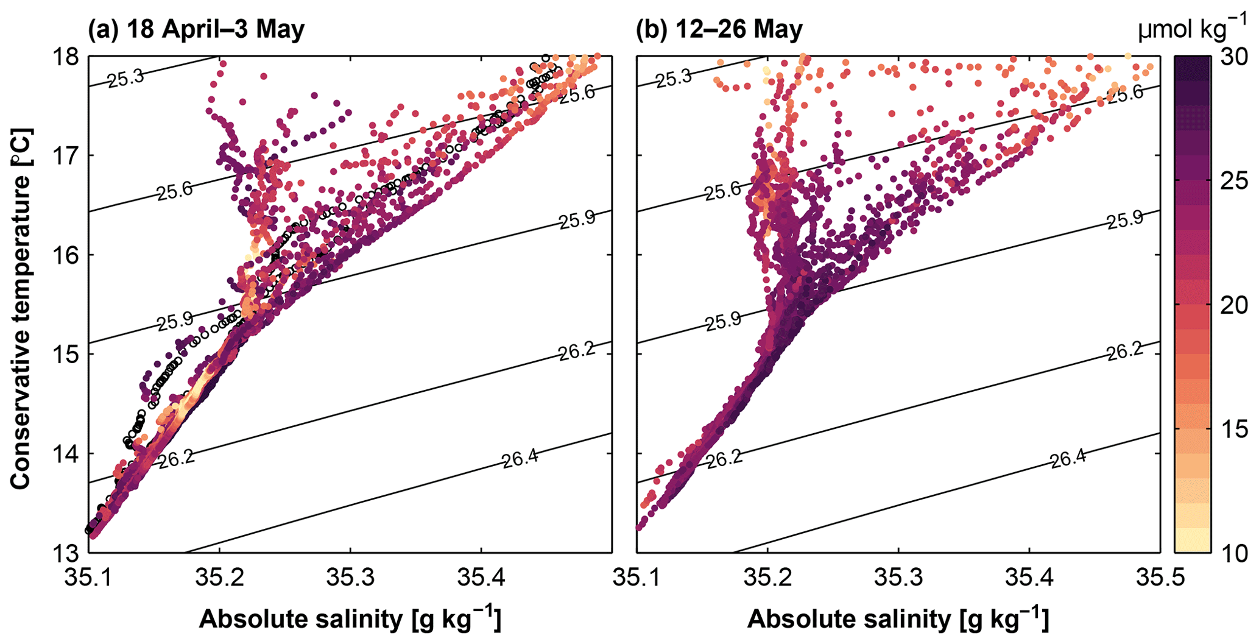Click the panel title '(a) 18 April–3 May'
(196, 29)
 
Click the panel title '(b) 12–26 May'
(719, 29)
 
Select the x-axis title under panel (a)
(350, 619)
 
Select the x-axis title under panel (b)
(898, 619)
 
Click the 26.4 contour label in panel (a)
(520, 459)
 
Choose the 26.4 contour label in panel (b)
(1068, 459)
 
